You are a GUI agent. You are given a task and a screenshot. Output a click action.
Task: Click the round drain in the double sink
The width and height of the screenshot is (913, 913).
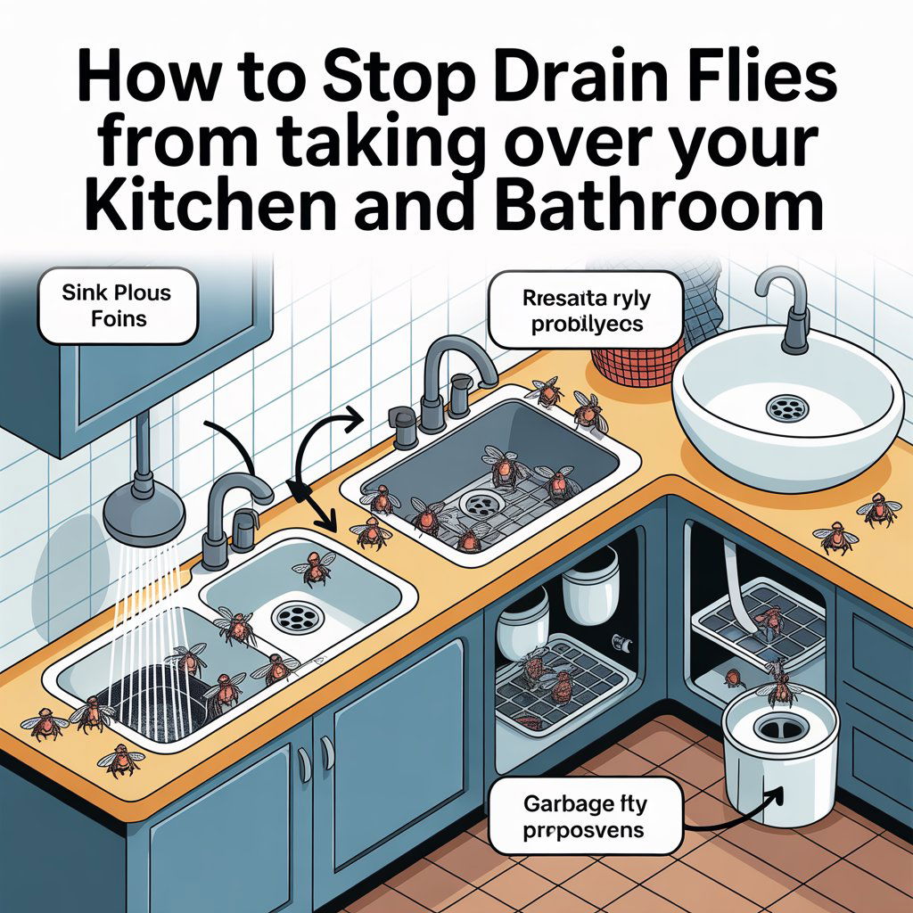point(295,616)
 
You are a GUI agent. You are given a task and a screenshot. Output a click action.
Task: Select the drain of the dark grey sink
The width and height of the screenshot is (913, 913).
point(479,504)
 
